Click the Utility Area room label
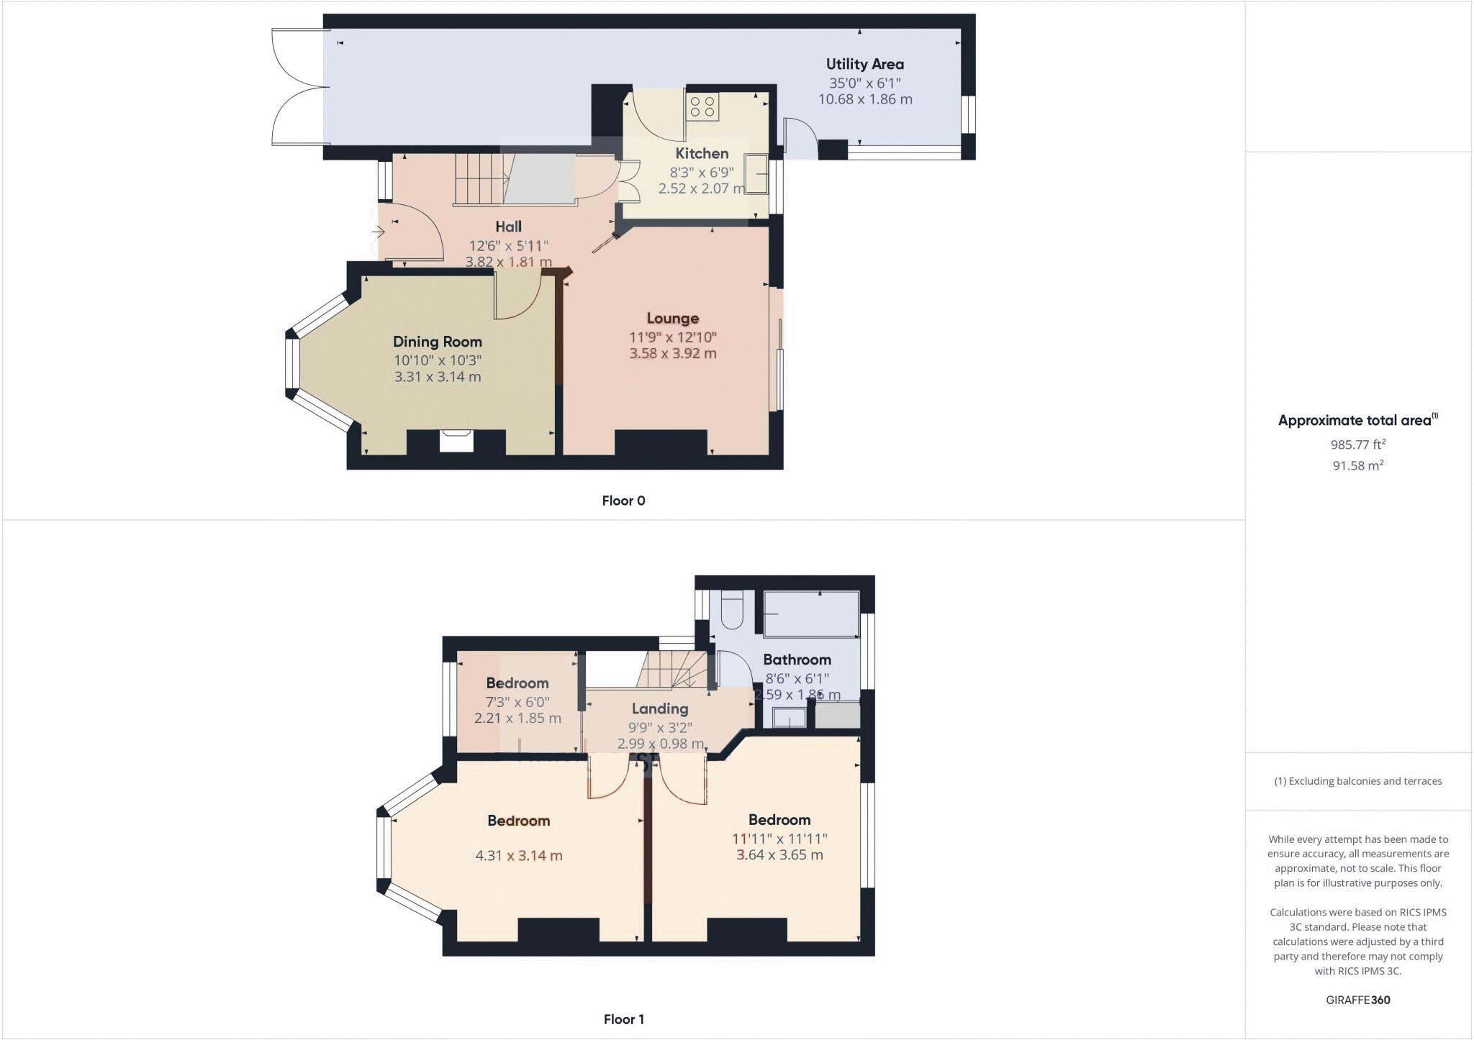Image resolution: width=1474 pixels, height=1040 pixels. pos(864,64)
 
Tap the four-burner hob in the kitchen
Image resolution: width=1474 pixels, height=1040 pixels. pos(702,107)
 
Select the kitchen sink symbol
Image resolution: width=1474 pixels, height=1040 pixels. pos(756,173)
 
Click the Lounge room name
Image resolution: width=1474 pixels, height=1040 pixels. pos(672,318)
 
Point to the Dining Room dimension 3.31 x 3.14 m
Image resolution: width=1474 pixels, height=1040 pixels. pos(437,377)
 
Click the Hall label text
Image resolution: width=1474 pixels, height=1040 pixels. pos(508,227)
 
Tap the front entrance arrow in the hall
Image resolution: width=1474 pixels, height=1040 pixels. pos(379,232)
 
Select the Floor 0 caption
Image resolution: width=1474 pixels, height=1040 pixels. pos(623,501)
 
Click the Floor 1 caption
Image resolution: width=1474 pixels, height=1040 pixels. pos(623,1019)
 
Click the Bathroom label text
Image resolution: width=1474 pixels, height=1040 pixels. pos(797,660)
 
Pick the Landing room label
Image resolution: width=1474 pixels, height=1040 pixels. pos(659,709)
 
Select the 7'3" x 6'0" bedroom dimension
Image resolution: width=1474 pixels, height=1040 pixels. pos(517,701)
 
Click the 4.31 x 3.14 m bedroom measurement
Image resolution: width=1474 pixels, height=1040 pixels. pos(518,856)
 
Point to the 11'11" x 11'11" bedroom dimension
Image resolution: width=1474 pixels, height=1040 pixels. pos(779,839)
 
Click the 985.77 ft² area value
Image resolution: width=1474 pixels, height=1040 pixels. pos(1357,444)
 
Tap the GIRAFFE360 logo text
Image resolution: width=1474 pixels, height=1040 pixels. pos(1357,1000)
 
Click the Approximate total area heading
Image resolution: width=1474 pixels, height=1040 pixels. pos(1356,421)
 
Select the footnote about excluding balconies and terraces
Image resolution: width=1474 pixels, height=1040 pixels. pos(1357,781)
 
